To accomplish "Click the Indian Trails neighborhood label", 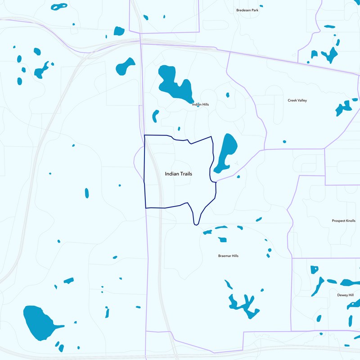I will (x=179, y=174).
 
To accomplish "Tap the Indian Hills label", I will (x=200, y=104).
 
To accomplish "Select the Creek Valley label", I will (x=297, y=100).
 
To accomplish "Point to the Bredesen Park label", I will (x=247, y=10).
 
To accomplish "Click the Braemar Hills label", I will (x=228, y=256).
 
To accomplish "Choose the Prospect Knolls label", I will (x=343, y=221).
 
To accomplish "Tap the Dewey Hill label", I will (x=345, y=295).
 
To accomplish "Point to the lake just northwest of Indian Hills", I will (x=125, y=66).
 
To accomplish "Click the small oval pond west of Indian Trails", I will (x=87, y=193).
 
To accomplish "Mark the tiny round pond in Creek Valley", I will (x=284, y=142).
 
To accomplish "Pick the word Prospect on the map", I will (x=339, y=221).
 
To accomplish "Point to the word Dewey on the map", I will (x=342, y=295).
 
